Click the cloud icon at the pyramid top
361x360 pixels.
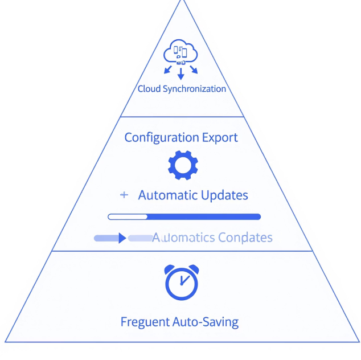click(180, 53)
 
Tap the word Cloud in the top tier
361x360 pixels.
click(149, 89)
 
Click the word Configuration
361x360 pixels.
click(161, 137)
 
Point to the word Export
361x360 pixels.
click(220, 137)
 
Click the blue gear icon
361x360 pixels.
click(182, 165)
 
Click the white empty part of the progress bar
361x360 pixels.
click(128, 216)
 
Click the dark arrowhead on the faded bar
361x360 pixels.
click(122, 238)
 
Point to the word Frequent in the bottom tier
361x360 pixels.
click(145, 322)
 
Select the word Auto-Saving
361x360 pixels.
click(205, 322)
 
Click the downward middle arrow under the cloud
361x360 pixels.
click(180, 74)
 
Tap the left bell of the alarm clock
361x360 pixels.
click(170, 269)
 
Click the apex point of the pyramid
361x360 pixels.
click(182, 1)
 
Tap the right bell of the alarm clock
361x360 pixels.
click(194, 269)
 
